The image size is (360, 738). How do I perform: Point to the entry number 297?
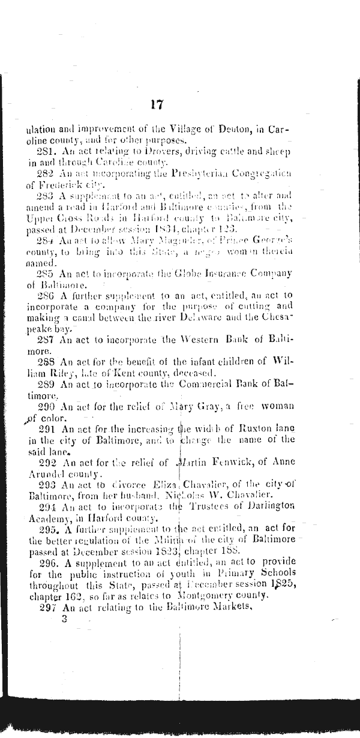(x=46, y=606)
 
